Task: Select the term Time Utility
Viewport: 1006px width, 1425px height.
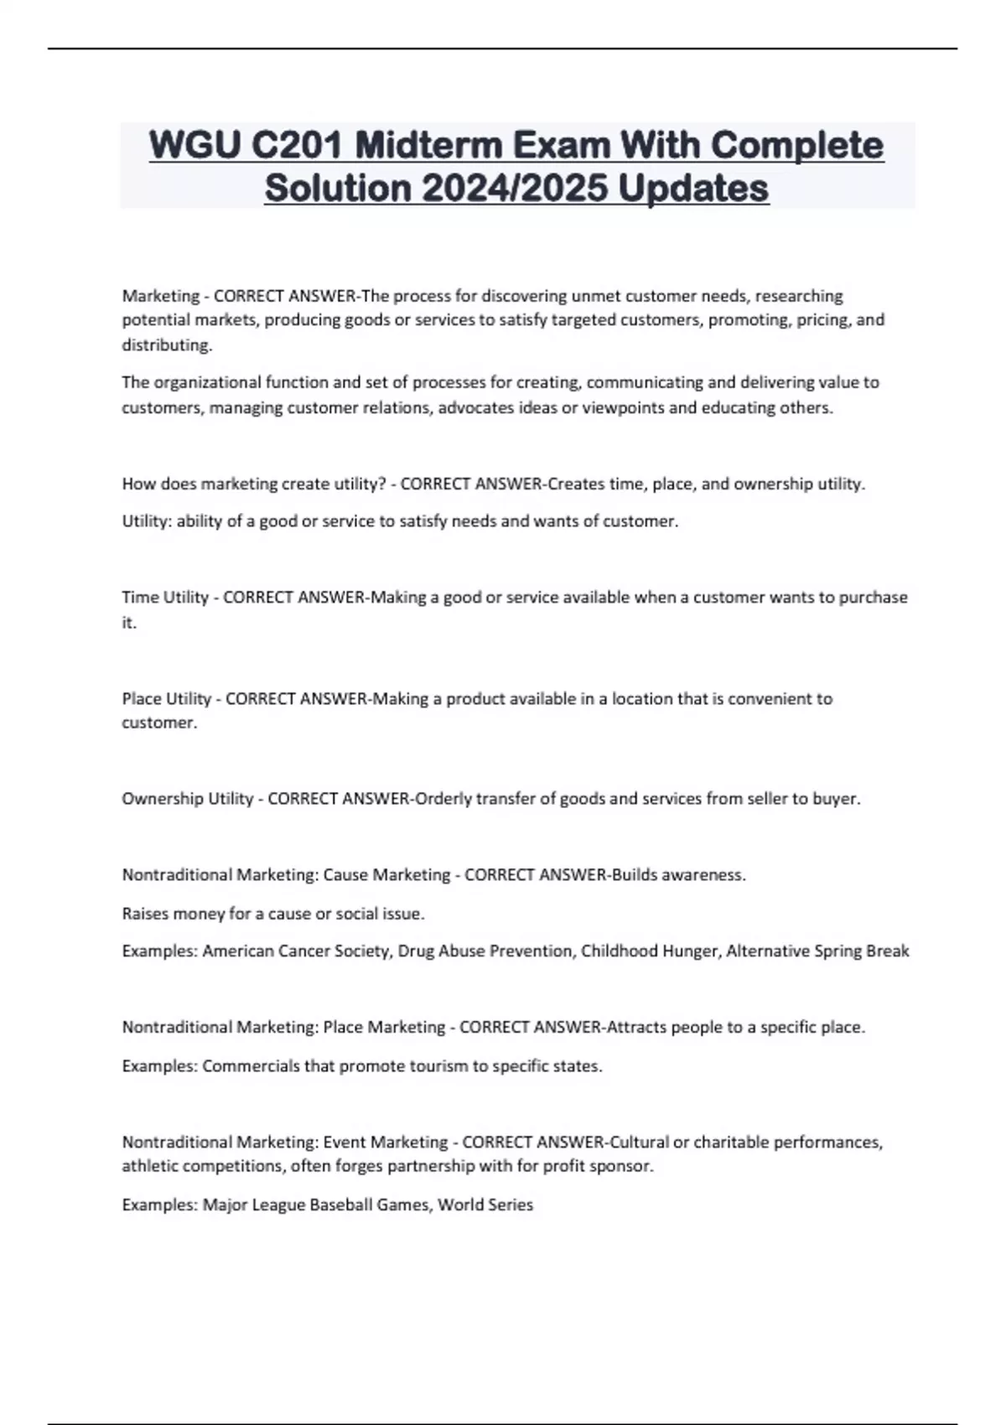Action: click(x=165, y=598)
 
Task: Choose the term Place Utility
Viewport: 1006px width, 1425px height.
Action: click(x=167, y=698)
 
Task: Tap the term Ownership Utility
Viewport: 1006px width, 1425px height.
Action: click(x=188, y=799)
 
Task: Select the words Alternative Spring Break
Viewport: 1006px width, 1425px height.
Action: click(x=817, y=951)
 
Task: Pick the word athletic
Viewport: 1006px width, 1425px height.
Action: click(x=150, y=1166)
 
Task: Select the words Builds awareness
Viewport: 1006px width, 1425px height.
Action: click(x=678, y=875)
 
